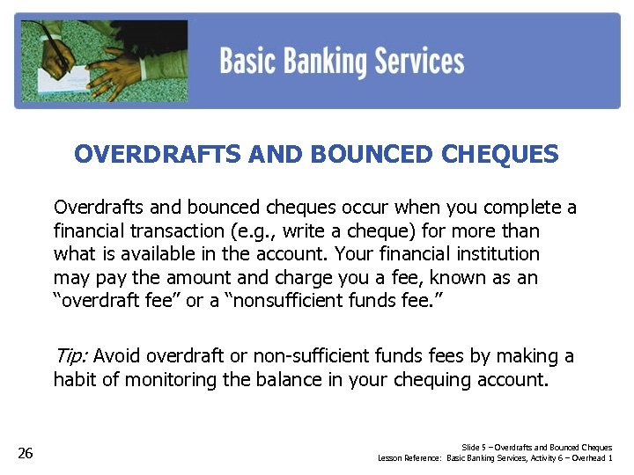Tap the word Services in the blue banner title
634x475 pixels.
point(419,62)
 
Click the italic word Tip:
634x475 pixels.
point(70,356)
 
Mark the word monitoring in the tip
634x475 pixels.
point(166,380)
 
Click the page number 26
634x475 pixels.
point(26,453)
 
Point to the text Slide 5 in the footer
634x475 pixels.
point(472,448)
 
